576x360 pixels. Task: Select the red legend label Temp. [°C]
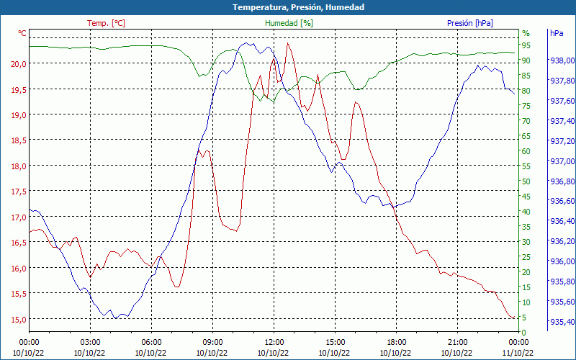106,23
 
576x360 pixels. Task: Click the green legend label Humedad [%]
289,23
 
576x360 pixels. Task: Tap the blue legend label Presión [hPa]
470,23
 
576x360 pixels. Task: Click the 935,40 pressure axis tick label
562,321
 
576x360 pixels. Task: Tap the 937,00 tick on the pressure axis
562,161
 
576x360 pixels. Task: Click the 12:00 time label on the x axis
274,343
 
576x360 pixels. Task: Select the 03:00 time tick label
90,343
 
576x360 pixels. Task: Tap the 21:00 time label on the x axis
457,343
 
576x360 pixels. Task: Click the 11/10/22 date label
518,353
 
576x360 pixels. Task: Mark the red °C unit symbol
22,34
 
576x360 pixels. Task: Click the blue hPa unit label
557,34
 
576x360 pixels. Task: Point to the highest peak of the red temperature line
288,43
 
